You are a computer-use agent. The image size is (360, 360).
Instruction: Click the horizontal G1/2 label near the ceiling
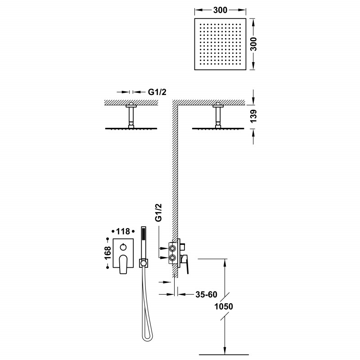click(158, 92)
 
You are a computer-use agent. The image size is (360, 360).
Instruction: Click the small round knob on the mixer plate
click(123, 247)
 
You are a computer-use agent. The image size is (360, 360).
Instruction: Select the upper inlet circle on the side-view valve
click(171, 247)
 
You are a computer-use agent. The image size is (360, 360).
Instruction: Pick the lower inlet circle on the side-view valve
click(171, 258)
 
